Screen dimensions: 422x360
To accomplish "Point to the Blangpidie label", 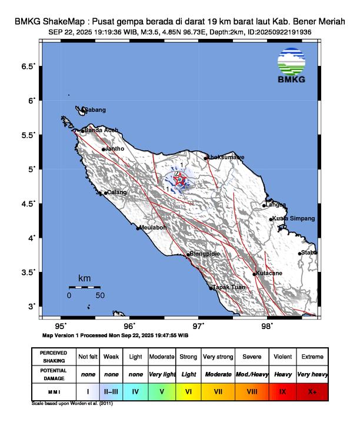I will point(204,254).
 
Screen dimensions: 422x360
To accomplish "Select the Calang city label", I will point(116,192).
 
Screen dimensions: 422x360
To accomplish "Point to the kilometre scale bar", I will point(84,287).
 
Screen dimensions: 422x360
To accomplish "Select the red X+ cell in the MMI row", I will point(311,390).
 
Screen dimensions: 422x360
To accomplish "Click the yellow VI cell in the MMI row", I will point(188,390).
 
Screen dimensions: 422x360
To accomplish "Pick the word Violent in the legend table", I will point(282,357).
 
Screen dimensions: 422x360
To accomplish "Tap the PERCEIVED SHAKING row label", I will point(54,357).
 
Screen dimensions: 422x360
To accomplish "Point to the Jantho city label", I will point(114,149).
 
